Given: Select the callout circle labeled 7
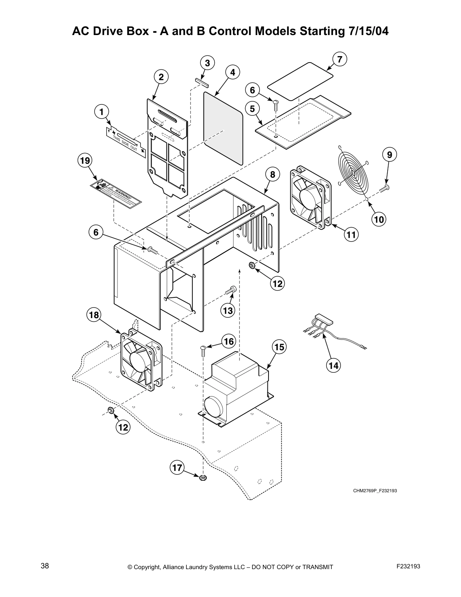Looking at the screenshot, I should tap(340, 59).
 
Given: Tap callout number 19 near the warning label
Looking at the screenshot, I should tap(84, 161).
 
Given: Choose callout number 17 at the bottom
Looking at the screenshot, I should tap(177, 468).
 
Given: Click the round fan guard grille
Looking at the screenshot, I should tap(353, 173).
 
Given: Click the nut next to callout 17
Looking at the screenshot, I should tap(203, 478).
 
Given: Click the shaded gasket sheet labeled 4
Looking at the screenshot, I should tap(223, 127).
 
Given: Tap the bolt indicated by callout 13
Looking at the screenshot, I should tap(230, 291).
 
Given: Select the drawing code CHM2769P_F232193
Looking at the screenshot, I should tap(375, 491).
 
